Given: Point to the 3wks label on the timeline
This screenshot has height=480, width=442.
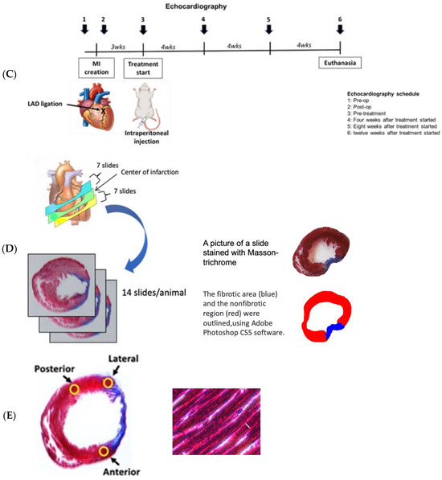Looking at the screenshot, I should click(x=118, y=48).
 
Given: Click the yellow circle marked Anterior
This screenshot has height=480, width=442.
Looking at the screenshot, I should click(x=104, y=451).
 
